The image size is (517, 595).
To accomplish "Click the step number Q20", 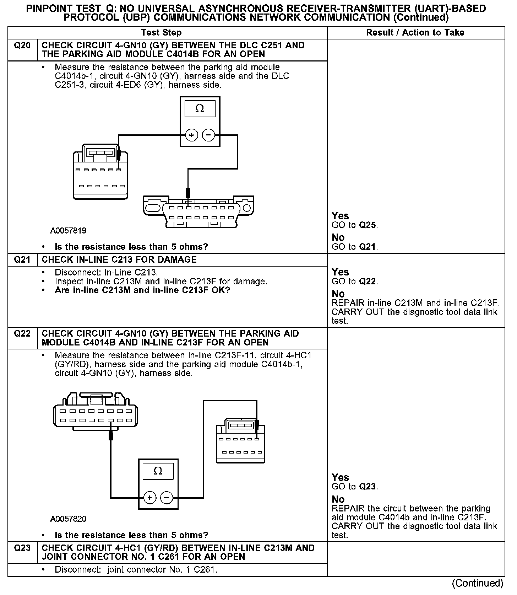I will pyautogui.click(x=22, y=45).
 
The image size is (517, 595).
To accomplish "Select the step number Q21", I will pyautogui.click(x=22, y=259).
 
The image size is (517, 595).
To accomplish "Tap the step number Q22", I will pyautogui.click(x=22, y=334).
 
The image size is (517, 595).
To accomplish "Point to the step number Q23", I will pyautogui.click(x=22, y=548).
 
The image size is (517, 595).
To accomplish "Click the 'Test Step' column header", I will pyautogui.click(x=161, y=33).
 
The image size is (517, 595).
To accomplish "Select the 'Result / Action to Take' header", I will pyautogui.click(x=415, y=33).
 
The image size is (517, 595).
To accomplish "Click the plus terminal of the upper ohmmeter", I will pyautogui.click(x=191, y=135).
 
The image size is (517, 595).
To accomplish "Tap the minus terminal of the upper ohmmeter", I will pyautogui.click(x=208, y=135).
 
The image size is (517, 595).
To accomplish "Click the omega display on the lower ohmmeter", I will pyautogui.click(x=158, y=471).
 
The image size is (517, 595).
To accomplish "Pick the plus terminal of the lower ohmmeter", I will pyautogui.click(x=149, y=498).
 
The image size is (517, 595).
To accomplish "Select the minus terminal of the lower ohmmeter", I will pyautogui.click(x=167, y=498).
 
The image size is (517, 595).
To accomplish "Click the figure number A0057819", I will pyautogui.click(x=68, y=231).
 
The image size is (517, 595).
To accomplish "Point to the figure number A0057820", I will pyautogui.click(x=68, y=519).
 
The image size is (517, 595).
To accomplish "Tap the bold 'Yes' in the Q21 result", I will pyautogui.click(x=340, y=272).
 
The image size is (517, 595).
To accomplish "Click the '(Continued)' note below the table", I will pyautogui.click(x=477, y=583).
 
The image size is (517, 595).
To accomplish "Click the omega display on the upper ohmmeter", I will pyautogui.click(x=200, y=109).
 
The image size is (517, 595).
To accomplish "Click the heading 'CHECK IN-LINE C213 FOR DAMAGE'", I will pyautogui.click(x=119, y=259).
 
